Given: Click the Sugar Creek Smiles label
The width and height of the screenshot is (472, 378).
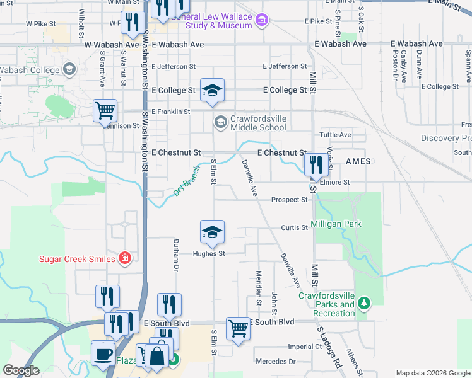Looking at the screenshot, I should point(77,259).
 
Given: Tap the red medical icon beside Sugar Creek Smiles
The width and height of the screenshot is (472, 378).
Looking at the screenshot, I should point(125,258).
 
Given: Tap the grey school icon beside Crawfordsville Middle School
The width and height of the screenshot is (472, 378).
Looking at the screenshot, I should point(220,122).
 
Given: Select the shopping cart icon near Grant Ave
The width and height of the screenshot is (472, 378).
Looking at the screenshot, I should point(105,111).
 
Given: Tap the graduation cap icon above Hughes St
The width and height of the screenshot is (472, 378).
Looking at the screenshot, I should point(213,232).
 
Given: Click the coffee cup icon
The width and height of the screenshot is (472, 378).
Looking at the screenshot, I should point(103,353).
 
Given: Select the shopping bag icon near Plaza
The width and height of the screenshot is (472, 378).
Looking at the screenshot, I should point(156,356).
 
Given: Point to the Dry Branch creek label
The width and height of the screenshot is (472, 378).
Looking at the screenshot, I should point(185,182).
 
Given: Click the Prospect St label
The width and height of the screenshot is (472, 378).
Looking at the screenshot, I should point(289,200).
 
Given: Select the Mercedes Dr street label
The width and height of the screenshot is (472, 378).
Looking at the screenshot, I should point(275,362).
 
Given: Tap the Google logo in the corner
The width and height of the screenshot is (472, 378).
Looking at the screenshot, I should point(21,370).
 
